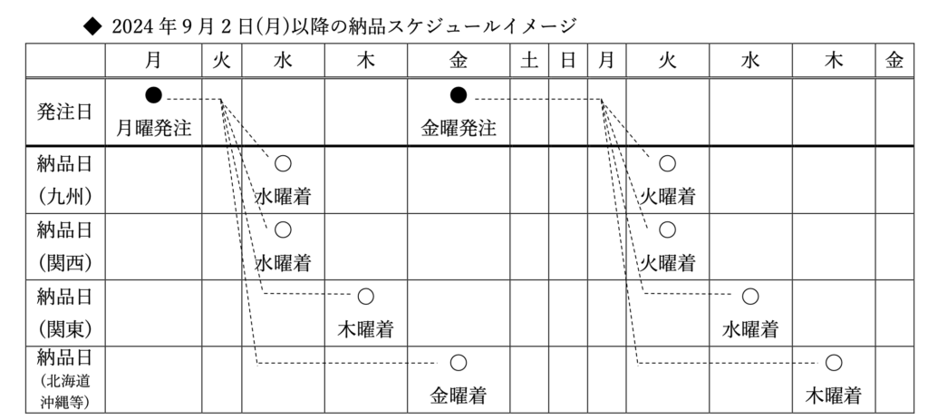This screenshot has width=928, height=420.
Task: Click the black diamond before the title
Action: tap(92, 26)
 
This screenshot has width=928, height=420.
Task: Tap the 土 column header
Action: tap(529, 61)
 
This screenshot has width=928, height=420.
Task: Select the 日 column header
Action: tap(568, 61)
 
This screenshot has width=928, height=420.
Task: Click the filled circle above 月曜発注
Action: tap(153, 94)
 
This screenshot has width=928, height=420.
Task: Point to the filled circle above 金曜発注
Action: tap(458, 94)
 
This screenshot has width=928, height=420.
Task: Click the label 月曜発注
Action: tap(153, 127)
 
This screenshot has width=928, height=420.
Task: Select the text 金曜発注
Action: tap(458, 127)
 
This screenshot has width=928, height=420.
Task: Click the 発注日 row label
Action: tap(64, 112)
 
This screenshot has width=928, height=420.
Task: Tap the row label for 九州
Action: tap(64, 181)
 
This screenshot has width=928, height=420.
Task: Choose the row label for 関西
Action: tap(64, 247)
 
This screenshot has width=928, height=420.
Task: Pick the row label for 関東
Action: tap(64, 313)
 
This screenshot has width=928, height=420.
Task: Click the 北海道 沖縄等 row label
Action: tap(64, 379)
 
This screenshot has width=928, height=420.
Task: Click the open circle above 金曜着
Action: tap(458, 363)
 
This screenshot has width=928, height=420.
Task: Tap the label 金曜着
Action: tap(458, 396)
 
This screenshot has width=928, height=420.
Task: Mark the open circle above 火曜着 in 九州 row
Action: tap(667, 163)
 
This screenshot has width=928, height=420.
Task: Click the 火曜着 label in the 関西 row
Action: tap(667, 262)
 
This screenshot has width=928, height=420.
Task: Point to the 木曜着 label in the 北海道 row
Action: tap(834, 396)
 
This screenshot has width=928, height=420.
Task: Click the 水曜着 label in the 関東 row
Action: tap(749, 328)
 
